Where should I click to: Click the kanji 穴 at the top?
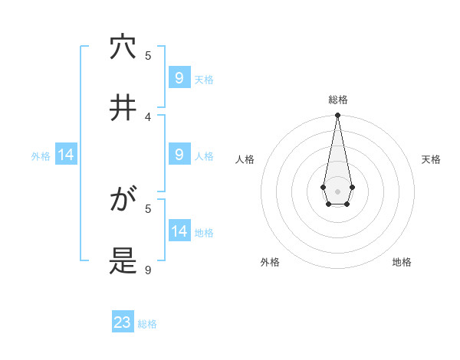(123, 47)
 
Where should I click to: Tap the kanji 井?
(123, 108)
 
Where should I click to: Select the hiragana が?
(123, 201)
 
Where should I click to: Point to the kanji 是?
(123, 262)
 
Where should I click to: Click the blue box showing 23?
(123, 322)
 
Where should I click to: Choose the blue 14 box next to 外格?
(66, 155)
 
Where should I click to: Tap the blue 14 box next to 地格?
(179, 231)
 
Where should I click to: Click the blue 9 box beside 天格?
(179, 78)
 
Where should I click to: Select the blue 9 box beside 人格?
(179, 155)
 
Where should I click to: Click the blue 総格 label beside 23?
(147, 324)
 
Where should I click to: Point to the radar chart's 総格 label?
(337, 100)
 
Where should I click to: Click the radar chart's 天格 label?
(431, 159)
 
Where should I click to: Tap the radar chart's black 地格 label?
(402, 262)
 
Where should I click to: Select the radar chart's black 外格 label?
(270, 262)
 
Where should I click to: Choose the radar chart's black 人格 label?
(245, 159)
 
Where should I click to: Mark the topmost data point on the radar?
(337, 116)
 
